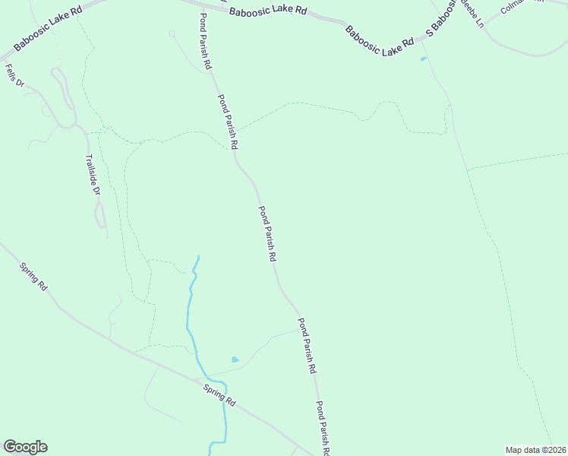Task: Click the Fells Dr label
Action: (14, 76)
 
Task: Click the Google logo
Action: (25, 447)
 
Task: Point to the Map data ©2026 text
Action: (536, 450)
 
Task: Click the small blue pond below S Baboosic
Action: (423, 59)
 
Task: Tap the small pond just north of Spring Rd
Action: (235, 359)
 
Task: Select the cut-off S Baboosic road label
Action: (442, 18)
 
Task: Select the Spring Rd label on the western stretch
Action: (34, 277)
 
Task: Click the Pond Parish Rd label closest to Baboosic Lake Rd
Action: (205, 43)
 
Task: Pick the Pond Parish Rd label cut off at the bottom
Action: (322, 428)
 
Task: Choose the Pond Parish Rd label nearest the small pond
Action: (306, 345)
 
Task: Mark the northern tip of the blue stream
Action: (199, 257)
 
